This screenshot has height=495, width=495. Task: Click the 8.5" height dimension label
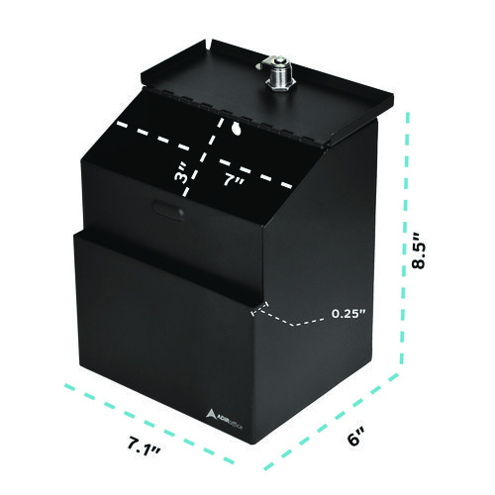pos(419,250)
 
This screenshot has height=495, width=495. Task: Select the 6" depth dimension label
pos(355,436)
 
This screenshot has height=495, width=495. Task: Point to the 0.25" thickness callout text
pos(348,313)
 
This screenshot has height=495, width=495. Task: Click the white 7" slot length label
pos(234,180)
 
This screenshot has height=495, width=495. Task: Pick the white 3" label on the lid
pos(182,173)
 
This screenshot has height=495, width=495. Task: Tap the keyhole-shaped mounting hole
pos(237,129)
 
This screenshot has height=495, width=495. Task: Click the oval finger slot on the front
pos(168,210)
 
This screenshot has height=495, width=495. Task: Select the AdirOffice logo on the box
pos(225,419)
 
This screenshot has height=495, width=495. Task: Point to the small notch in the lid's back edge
pos(209,44)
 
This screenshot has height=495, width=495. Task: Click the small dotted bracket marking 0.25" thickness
pos(259,309)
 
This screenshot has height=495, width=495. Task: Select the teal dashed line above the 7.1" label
pos(149,423)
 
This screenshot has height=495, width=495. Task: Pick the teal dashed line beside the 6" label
pos(332,422)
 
